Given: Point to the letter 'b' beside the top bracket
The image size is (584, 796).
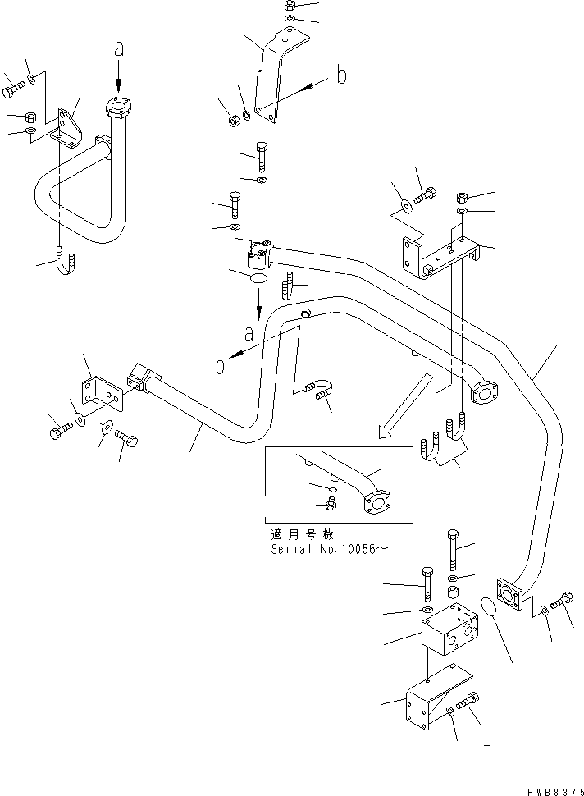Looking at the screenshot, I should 341,76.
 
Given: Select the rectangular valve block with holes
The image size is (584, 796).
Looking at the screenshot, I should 452,627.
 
